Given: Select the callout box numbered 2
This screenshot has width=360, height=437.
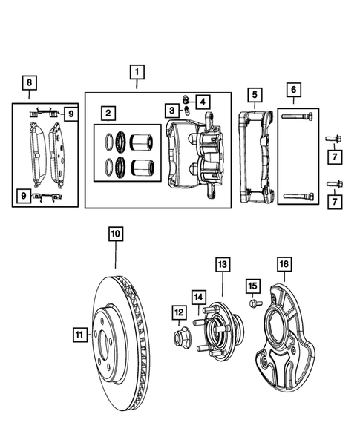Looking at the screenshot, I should (x=108, y=114).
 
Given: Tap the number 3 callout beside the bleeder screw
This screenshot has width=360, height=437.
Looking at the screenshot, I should (x=171, y=110).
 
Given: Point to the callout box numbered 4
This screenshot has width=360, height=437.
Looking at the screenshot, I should (x=203, y=100).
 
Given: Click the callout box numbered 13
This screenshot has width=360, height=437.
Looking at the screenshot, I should (x=222, y=264).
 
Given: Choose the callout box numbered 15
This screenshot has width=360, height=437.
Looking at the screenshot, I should (x=252, y=286).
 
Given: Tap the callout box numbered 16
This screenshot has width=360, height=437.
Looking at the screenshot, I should (x=285, y=264).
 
